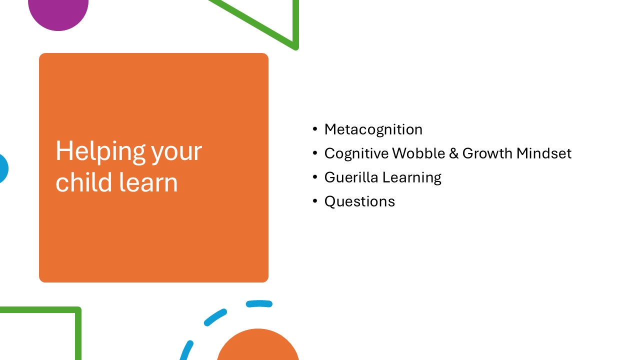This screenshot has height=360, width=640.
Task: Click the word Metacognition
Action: [x=373, y=129]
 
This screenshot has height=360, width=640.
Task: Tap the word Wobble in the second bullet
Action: [x=418, y=153]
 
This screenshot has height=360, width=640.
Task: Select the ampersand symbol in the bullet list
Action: [x=453, y=153]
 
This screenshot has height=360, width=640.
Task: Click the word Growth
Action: [x=487, y=153]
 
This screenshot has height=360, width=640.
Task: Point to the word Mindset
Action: [x=544, y=153]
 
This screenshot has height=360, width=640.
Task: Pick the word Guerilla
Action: [x=351, y=177]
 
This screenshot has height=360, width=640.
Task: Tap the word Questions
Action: [x=359, y=201]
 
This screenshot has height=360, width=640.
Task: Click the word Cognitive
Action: [x=356, y=154]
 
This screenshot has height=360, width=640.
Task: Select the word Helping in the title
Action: [x=101, y=152]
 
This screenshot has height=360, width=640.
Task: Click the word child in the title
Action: [x=83, y=182]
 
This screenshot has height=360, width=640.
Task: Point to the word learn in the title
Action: [x=148, y=182]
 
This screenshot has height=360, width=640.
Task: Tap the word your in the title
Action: [x=176, y=153]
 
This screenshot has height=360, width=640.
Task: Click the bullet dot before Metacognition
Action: [x=315, y=129]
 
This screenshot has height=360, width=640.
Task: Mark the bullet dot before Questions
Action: [x=315, y=201]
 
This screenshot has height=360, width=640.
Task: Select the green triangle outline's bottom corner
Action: [x=295, y=47]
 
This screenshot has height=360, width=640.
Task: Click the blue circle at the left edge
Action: [x=3, y=168]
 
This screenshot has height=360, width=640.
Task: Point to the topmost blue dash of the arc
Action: [x=259, y=303]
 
